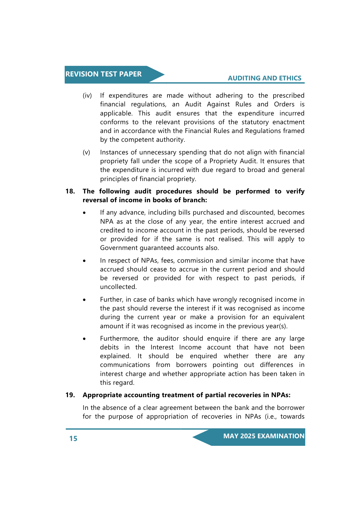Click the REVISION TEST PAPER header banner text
[x=103, y=74]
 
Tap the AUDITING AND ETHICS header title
[x=264, y=78]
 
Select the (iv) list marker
[x=87, y=96]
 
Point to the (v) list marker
[x=86, y=152]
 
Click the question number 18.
[x=70, y=191]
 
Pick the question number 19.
[x=70, y=395]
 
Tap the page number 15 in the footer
[x=73, y=439]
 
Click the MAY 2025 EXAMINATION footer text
[x=264, y=436]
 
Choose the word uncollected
[x=118, y=287]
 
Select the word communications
[x=125, y=365]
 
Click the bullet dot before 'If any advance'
[x=85, y=213]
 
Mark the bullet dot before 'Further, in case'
[x=85, y=300]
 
